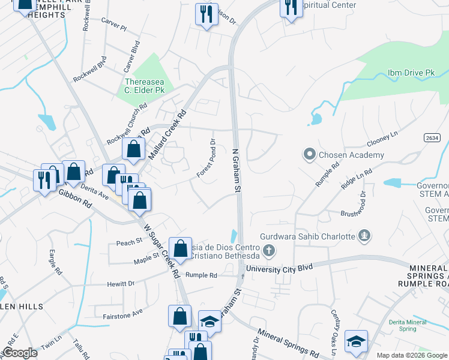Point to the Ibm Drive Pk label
(x=411, y=72)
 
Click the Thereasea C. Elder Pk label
(x=144, y=86)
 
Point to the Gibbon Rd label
(x=75, y=199)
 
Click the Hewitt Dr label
(x=123, y=283)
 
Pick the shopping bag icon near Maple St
(x=180, y=248)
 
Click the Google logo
(x=20, y=353)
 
